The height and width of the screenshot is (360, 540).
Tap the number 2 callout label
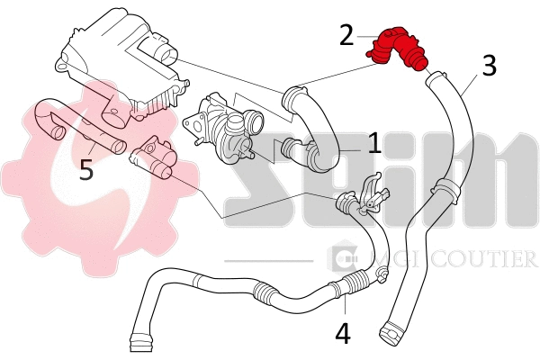(346, 35)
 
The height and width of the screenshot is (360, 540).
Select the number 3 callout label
(488, 65)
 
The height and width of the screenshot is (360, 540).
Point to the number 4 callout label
(342, 332)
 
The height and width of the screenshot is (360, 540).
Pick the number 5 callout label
(85, 170)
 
